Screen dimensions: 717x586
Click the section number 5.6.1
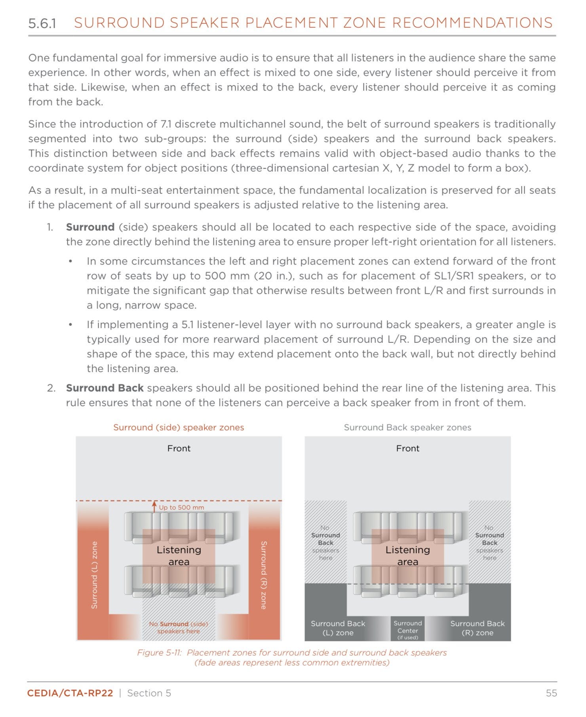pos(42,23)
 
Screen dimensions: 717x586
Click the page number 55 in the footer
pos(551,693)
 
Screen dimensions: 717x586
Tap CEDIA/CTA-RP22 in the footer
pos(70,693)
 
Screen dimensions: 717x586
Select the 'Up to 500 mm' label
pos(181,507)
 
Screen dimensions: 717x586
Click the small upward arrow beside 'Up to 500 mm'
pos(154,507)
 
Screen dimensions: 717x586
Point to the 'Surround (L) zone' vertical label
pos(94,575)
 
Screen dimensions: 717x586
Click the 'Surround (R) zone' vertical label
pos(264,575)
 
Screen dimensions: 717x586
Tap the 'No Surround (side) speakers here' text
pos(179,627)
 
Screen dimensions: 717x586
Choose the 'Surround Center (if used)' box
pos(407,629)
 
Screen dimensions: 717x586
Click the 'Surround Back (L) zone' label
pos(338,628)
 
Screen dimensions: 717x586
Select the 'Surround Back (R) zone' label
pos(477,628)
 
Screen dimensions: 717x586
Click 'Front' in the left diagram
pos(179,448)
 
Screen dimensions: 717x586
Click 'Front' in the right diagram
pos(407,448)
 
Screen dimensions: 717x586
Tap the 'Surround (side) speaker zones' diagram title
pos(179,427)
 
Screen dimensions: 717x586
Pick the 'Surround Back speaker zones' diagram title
pos(407,427)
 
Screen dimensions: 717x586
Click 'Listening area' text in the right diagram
pos(407,555)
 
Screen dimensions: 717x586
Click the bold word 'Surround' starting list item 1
pos(90,227)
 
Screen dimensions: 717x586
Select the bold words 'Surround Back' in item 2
pos(105,388)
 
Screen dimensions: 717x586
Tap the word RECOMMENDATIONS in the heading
pos(472,23)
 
